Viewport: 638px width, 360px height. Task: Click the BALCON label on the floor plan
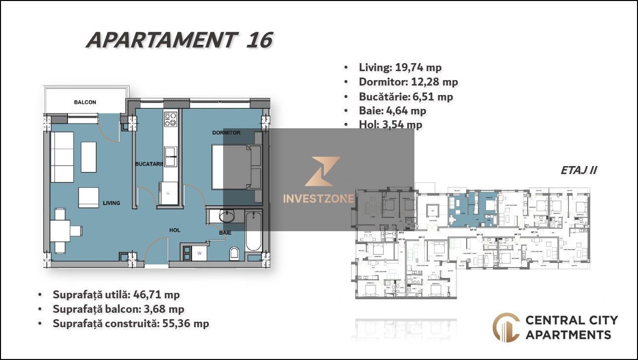tap(85, 102)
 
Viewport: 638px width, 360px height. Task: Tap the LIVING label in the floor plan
tap(111, 203)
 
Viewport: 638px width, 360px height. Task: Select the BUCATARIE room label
tap(149, 164)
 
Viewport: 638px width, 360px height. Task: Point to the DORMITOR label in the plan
tap(226, 133)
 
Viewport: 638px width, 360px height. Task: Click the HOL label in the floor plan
tap(174, 230)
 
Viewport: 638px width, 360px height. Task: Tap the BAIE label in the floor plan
tap(225, 232)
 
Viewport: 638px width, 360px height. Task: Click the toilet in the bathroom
tap(235, 254)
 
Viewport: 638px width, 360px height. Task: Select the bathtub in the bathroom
tap(253, 232)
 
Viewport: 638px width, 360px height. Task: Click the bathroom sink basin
tap(228, 216)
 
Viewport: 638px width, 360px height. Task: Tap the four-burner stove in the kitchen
tap(170, 119)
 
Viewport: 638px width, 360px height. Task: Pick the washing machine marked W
tap(199, 253)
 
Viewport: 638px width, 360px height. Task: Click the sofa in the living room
tap(62, 157)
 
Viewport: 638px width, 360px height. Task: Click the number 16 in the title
tap(259, 40)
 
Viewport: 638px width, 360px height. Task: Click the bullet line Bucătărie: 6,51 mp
tap(405, 96)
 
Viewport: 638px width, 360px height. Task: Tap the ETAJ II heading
tap(578, 170)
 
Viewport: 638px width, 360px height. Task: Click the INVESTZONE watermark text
tap(319, 199)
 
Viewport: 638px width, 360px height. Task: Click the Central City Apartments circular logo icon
tap(506, 327)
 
